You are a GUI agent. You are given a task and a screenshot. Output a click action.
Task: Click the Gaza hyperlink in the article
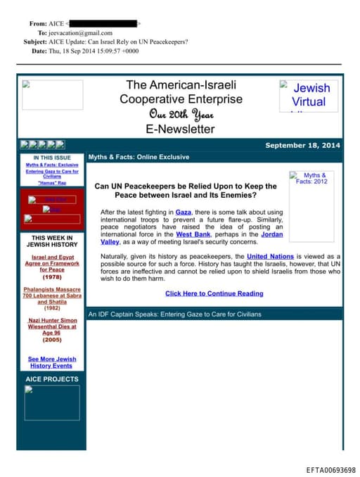(184, 212)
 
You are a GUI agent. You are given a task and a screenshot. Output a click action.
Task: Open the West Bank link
(188, 234)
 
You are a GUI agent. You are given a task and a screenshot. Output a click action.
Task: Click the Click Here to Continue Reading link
(214, 293)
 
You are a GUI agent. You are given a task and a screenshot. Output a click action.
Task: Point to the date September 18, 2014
(302, 145)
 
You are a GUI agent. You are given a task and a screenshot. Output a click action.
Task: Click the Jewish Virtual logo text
(309, 95)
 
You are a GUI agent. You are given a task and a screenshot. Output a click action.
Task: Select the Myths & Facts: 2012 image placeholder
(311, 179)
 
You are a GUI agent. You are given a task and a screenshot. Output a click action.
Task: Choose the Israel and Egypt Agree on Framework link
(51, 263)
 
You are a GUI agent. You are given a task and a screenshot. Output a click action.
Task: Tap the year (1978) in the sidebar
(51, 277)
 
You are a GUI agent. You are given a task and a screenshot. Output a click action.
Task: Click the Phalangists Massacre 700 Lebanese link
(51, 295)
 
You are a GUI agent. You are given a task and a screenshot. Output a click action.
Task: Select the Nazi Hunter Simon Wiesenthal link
(51, 326)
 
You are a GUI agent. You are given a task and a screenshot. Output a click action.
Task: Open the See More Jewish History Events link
(51, 362)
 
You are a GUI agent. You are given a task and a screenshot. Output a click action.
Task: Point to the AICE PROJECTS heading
(51, 379)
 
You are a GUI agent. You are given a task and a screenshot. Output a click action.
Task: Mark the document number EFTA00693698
(330, 470)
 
